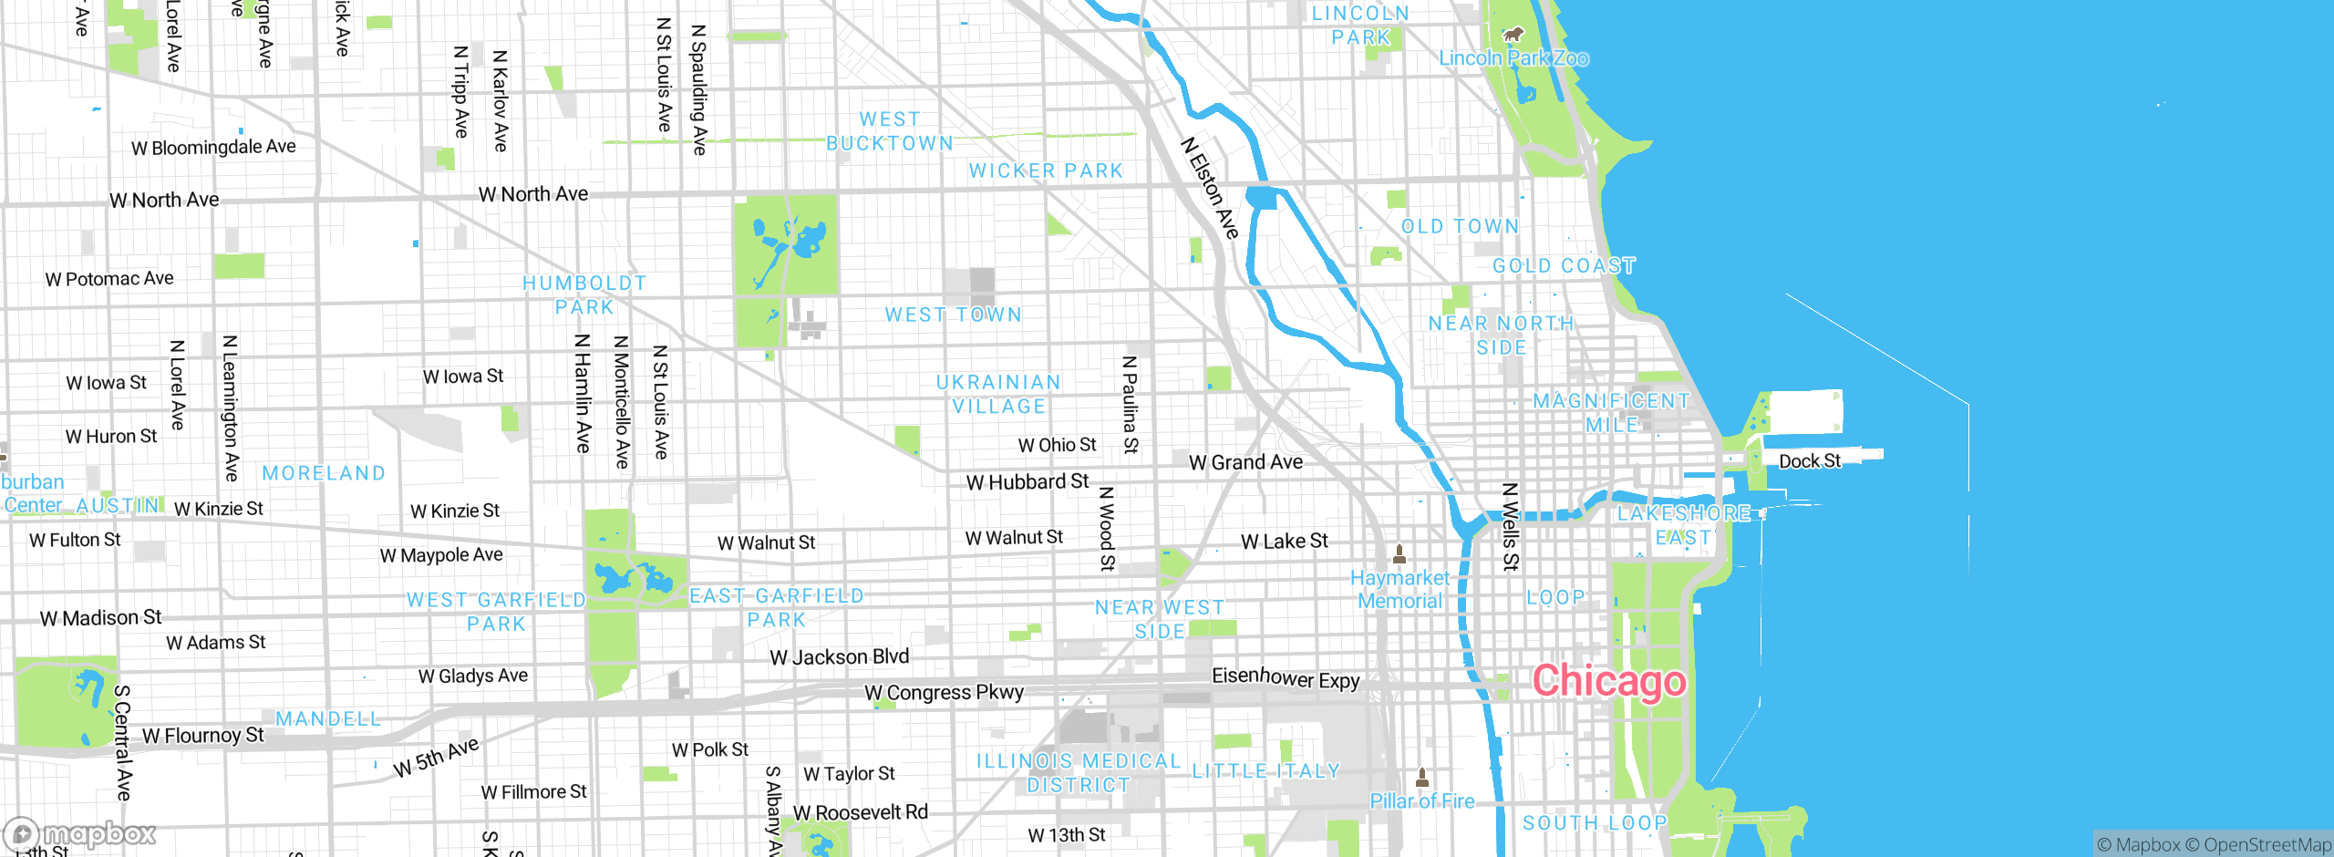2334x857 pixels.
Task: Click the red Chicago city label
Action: pyautogui.click(x=1609, y=681)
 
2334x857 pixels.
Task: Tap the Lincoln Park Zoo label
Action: pyautogui.click(x=1513, y=58)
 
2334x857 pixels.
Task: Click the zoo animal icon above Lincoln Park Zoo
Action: pyautogui.click(x=1513, y=36)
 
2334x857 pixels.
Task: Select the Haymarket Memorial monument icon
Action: pyautogui.click(x=1399, y=553)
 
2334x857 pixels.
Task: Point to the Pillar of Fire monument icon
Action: pyautogui.click(x=1421, y=777)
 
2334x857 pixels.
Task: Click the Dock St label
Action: pyautogui.click(x=1810, y=461)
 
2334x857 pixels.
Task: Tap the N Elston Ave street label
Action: pyautogui.click(x=1211, y=189)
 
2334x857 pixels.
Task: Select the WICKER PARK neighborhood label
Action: pyautogui.click(x=1046, y=170)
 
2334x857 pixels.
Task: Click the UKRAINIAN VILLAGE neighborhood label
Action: pyautogui.click(x=998, y=394)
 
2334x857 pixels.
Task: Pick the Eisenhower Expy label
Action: pyautogui.click(x=1286, y=677)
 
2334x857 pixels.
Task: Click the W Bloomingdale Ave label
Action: pyautogui.click(x=213, y=147)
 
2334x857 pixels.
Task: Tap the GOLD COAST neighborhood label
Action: pyautogui.click(x=1564, y=265)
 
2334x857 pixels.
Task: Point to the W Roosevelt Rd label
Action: pyautogui.click(x=860, y=812)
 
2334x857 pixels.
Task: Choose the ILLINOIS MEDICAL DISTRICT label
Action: pyautogui.click(x=1079, y=772)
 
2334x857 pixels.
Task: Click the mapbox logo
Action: pyautogui.click(x=80, y=833)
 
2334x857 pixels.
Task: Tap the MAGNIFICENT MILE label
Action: pyautogui.click(x=1611, y=412)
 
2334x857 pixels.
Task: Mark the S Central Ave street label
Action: pyautogui.click(x=123, y=743)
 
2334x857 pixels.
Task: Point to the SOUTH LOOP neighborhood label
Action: pyautogui.click(x=1595, y=822)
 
